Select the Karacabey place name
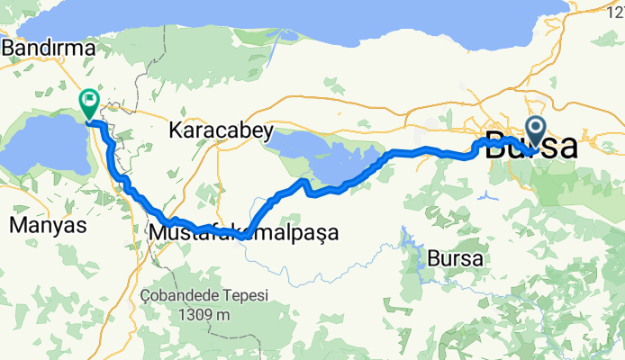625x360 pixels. (x=221, y=130)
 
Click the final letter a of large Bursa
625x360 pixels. (x=566, y=146)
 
